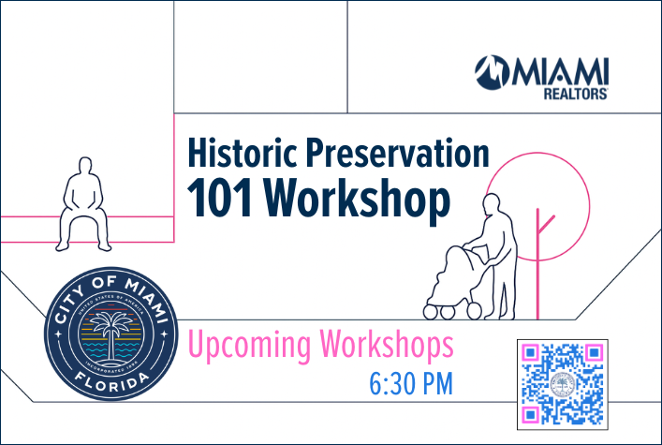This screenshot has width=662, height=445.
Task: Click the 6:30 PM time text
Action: [411, 383]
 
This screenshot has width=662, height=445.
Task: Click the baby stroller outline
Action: [453, 281]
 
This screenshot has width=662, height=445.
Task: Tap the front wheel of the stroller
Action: [434, 309]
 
